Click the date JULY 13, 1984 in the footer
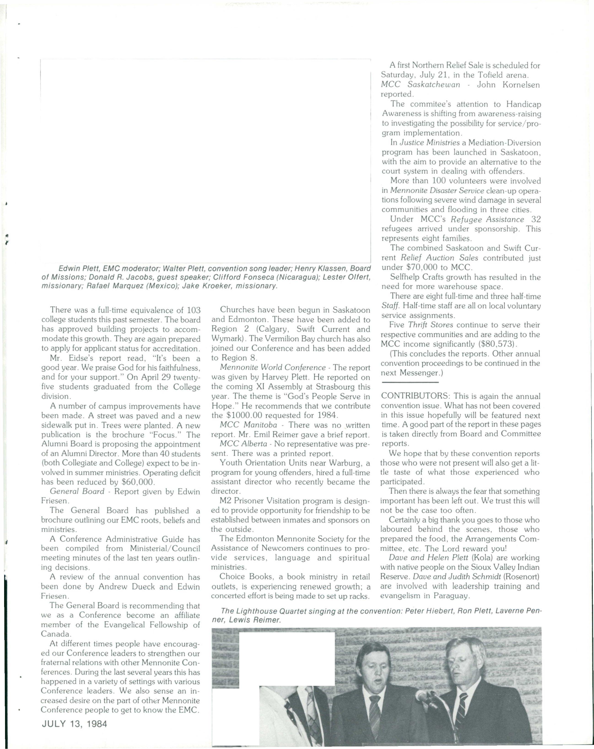pyautogui.click(x=74, y=724)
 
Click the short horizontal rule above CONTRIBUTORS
pyautogui.click(x=410, y=383)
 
